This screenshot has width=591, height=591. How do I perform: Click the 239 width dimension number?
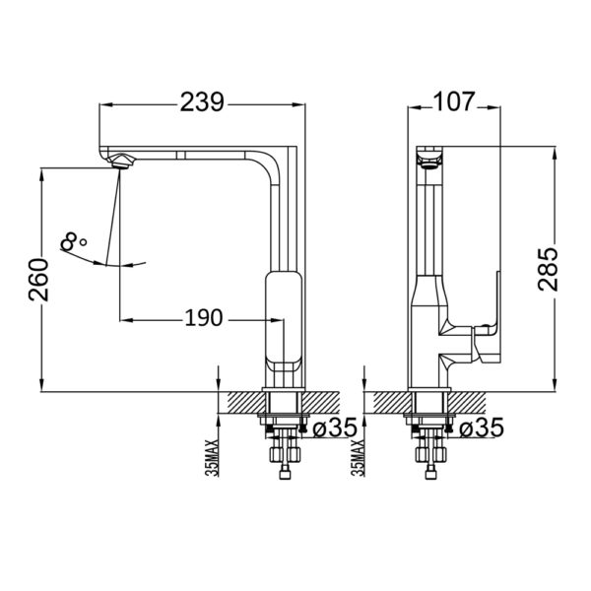202,100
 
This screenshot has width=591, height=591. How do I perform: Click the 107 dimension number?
454,100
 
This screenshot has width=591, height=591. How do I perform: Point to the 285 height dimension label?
550,266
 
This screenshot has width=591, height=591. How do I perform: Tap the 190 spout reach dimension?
202,317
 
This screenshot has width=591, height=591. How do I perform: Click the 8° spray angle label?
74,239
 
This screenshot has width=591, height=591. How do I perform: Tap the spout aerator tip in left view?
118,162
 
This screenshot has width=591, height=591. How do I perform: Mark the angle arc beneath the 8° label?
103,262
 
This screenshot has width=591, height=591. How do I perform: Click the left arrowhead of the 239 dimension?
105,100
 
